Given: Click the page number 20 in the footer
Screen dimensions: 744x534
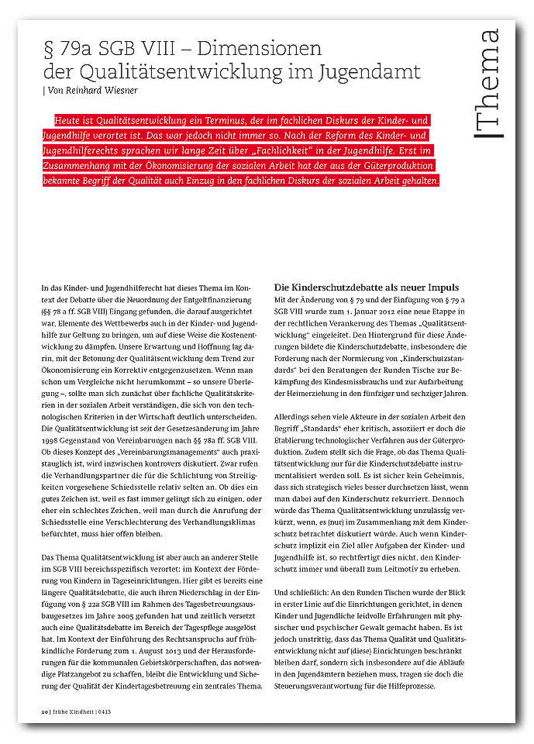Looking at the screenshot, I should tap(44, 709).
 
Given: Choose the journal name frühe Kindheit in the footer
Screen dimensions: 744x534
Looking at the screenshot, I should tap(72, 709).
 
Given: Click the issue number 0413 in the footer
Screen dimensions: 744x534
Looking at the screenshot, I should tap(102, 709).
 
